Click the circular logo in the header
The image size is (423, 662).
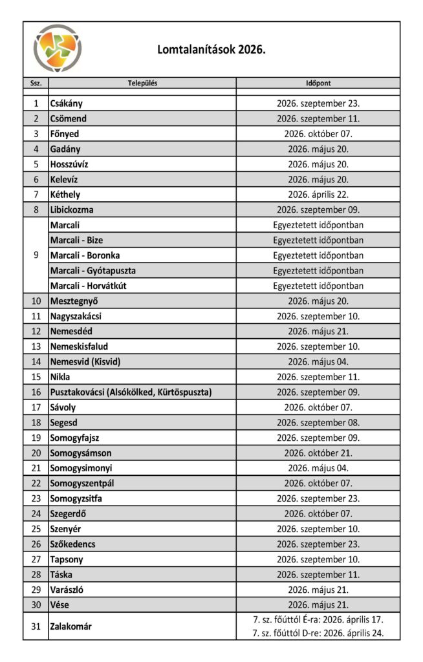point(58,48)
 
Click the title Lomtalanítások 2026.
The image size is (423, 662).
point(211,49)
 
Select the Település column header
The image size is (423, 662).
point(142,83)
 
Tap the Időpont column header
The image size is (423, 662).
point(318,83)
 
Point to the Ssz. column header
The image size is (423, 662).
point(36,83)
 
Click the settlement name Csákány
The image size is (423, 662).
point(67,103)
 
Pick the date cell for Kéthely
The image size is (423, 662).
point(318,195)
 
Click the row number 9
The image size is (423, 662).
point(36,255)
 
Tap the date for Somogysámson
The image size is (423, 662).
point(318,453)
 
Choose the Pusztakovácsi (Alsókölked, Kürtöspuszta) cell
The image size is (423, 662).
point(131,392)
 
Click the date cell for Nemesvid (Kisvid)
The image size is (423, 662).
point(318,362)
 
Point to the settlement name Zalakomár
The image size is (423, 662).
point(71,626)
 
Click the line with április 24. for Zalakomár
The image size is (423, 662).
point(318,634)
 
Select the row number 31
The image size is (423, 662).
point(36,626)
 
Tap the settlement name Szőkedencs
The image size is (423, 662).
point(73,544)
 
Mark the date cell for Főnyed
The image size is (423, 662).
point(318,134)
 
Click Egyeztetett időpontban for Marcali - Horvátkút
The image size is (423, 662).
point(318,286)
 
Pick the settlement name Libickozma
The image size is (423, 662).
point(72,209)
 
